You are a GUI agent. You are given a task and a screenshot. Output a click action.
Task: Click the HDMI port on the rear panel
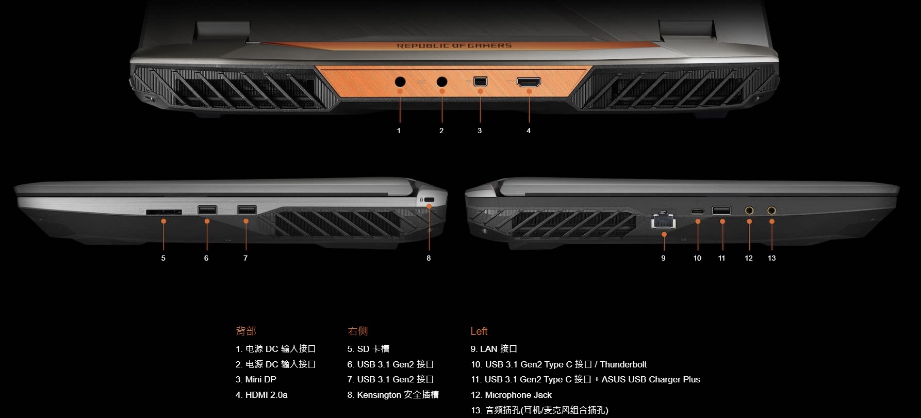pos(529,82)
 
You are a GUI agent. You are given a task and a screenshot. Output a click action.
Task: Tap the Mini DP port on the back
pos(480,82)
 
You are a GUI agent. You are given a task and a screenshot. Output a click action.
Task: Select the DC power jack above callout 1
pos(400,82)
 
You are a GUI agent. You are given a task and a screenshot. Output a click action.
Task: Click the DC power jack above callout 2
pos(442,82)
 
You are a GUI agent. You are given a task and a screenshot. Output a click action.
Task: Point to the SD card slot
pos(163,212)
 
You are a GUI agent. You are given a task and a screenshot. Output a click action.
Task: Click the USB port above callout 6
pos(207,210)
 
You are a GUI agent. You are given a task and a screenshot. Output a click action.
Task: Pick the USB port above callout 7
pos(246,210)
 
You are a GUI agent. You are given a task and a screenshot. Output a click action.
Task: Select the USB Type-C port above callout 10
pos(698,211)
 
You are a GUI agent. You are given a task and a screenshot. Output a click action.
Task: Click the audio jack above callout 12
pos(749,210)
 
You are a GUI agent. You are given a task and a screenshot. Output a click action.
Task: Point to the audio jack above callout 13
pos(771,210)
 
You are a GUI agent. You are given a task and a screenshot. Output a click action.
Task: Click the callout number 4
pos(529,131)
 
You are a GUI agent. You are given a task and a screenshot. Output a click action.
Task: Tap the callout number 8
pos(429,258)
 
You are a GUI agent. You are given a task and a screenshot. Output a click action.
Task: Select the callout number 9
pos(663,258)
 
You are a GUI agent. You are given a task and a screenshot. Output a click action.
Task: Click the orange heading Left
pos(479,331)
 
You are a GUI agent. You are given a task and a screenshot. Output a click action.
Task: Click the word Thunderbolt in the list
pos(623,364)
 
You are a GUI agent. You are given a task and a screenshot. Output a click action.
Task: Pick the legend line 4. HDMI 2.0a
pos(261,395)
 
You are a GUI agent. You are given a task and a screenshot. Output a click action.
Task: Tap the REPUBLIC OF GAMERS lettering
pos(454,46)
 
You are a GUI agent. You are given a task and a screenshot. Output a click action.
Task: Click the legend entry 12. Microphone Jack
pos(511,395)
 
